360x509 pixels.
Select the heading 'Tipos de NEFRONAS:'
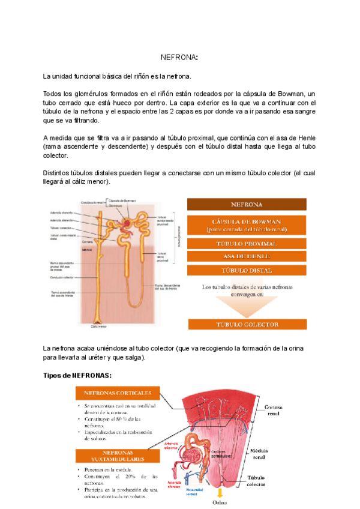tap(77, 376)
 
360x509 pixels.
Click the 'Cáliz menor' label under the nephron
tap(98, 327)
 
